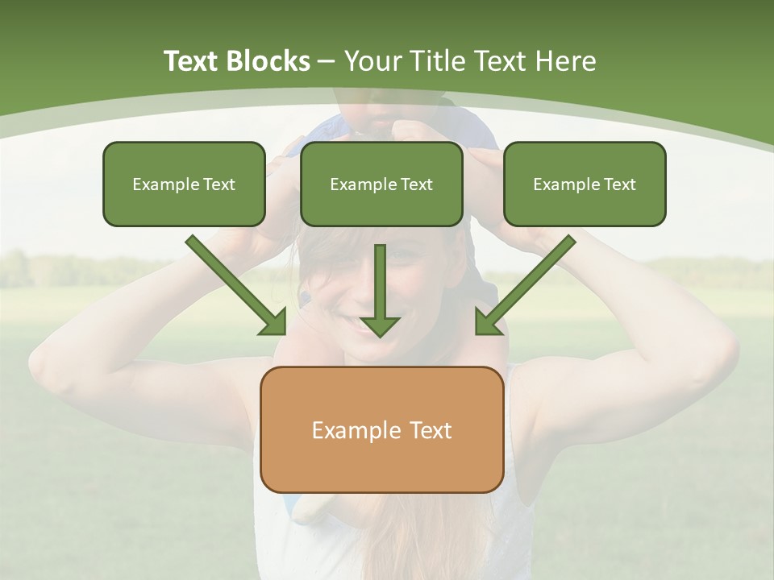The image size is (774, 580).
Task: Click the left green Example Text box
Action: pyautogui.click(x=184, y=184)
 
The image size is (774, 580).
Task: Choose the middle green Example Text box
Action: pyautogui.click(x=381, y=184)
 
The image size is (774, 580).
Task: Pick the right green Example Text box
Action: pyautogui.click(x=585, y=184)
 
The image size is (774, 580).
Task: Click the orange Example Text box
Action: pyautogui.click(x=382, y=429)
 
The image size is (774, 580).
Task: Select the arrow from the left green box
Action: pyautogui.click(x=238, y=286)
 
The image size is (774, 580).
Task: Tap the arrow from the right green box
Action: pyautogui.click(x=524, y=286)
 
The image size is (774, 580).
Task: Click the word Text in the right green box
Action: pyautogui.click(x=619, y=184)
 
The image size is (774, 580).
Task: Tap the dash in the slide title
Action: pyautogui.click(x=327, y=62)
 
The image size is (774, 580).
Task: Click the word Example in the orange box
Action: pyautogui.click(x=357, y=430)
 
